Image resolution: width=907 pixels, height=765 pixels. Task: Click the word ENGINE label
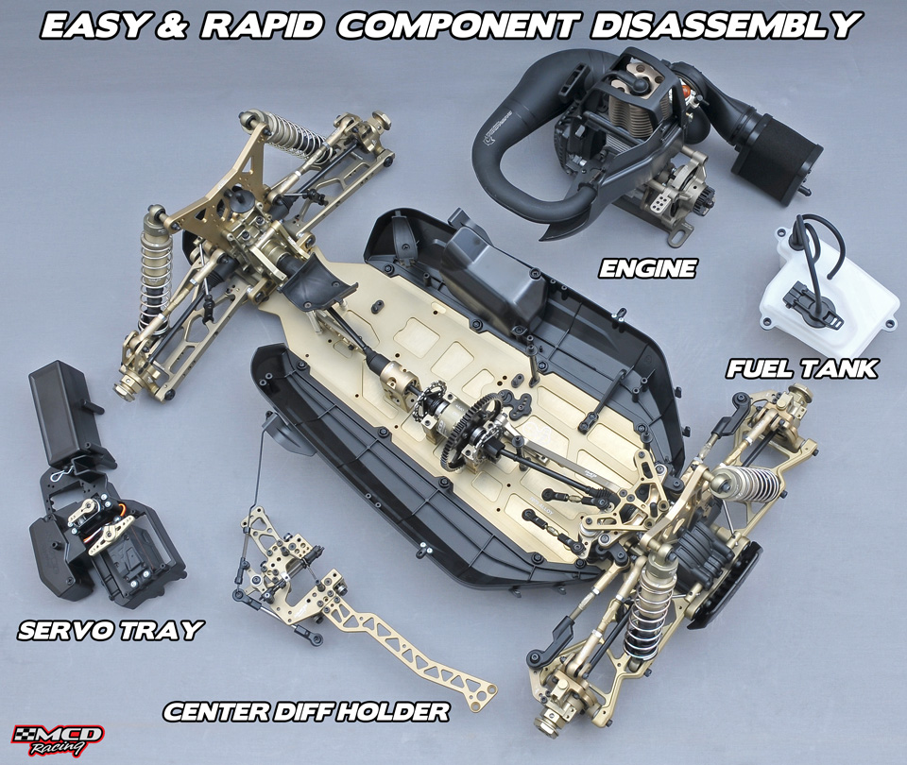pos(646,268)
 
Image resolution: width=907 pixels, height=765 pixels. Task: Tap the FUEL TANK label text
pos(802,368)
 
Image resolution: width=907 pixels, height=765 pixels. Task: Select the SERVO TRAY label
pos(110,630)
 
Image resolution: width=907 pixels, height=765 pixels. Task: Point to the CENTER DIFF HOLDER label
pos(306,711)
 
